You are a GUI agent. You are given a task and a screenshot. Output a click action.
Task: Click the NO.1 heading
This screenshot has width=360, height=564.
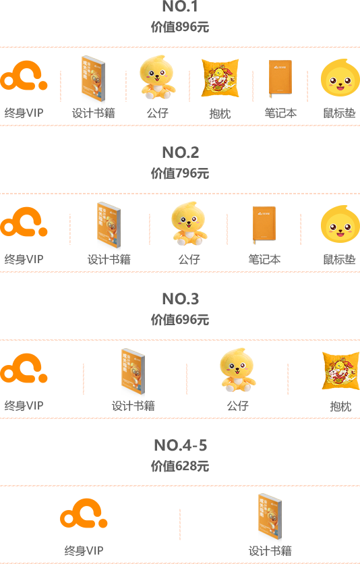click(180, 6)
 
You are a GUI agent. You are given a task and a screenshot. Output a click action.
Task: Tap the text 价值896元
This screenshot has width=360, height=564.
click(180, 27)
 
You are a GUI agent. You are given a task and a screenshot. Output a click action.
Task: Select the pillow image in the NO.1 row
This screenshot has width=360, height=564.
click(220, 78)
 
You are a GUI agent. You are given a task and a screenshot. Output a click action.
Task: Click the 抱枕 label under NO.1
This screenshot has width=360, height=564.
click(220, 113)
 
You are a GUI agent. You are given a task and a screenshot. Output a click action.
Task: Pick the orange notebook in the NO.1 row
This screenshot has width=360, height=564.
click(280, 79)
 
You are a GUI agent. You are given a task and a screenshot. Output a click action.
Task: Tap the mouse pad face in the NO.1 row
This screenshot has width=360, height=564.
click(340, 78)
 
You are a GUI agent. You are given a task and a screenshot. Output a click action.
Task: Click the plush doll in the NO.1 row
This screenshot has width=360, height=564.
click(157, 77)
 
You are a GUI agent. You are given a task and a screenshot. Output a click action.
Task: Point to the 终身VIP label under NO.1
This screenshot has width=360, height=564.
click(24, 113)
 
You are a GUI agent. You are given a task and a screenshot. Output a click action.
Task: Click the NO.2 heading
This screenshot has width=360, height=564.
click(181, 152)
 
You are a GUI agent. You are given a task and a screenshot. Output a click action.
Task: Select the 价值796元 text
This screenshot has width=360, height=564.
click(180, 173)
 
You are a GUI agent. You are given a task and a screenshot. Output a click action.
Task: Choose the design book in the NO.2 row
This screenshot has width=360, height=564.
click(109, 225)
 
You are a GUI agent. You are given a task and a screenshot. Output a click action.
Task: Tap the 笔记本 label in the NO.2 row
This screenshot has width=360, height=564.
click(264, 259)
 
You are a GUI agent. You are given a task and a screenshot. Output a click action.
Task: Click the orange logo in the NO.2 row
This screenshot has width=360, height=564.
click(24, 222)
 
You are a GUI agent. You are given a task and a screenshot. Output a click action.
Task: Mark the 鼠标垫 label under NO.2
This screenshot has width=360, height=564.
click(340, 259)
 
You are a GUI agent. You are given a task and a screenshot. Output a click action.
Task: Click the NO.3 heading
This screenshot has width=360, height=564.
click(181, 299)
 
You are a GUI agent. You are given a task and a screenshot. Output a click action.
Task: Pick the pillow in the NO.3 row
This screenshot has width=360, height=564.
click(341, 370)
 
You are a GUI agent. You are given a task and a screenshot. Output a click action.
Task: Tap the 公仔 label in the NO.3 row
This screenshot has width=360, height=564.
click(237, 405)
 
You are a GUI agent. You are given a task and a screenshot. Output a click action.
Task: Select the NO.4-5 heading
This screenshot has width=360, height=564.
click(181, 445)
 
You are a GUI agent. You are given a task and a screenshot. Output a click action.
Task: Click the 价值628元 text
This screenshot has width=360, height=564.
click(180, 466)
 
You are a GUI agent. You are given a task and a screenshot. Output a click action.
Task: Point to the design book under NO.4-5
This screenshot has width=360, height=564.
click(270, 517)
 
